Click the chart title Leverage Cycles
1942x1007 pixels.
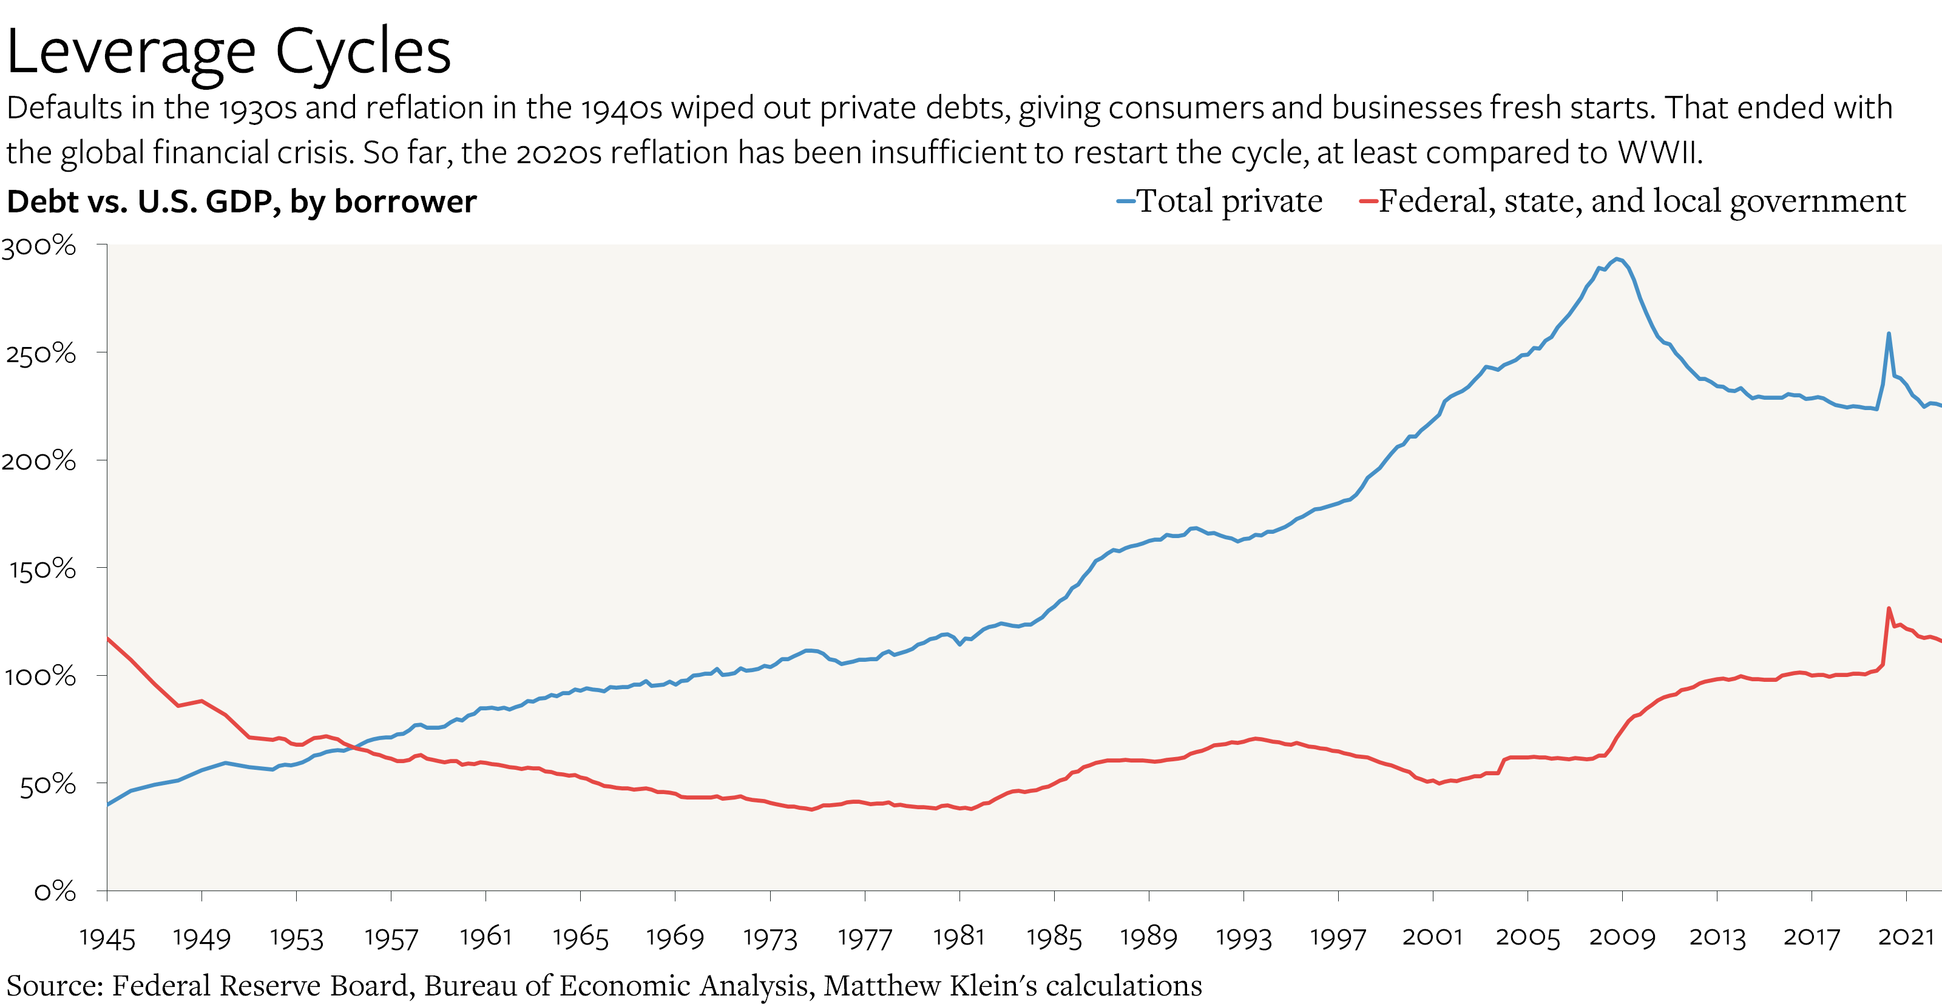pos(228,51)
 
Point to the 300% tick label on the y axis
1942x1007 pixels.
pos(38,246)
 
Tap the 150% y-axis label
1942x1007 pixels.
pos(42,569)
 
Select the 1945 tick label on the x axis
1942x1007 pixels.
pos(107,938)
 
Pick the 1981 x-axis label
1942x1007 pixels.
pos(959,937)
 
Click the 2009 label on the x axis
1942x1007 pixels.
pos(1622,937)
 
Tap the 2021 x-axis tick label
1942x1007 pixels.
pos(1906,937)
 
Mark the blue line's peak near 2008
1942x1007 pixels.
pos(1616,258)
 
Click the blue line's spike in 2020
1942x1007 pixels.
pos(1889,333)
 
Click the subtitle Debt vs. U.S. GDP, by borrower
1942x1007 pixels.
pos(242,202)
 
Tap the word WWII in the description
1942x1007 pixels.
pos(1659,153)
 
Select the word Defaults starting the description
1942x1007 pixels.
pos(64,108)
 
